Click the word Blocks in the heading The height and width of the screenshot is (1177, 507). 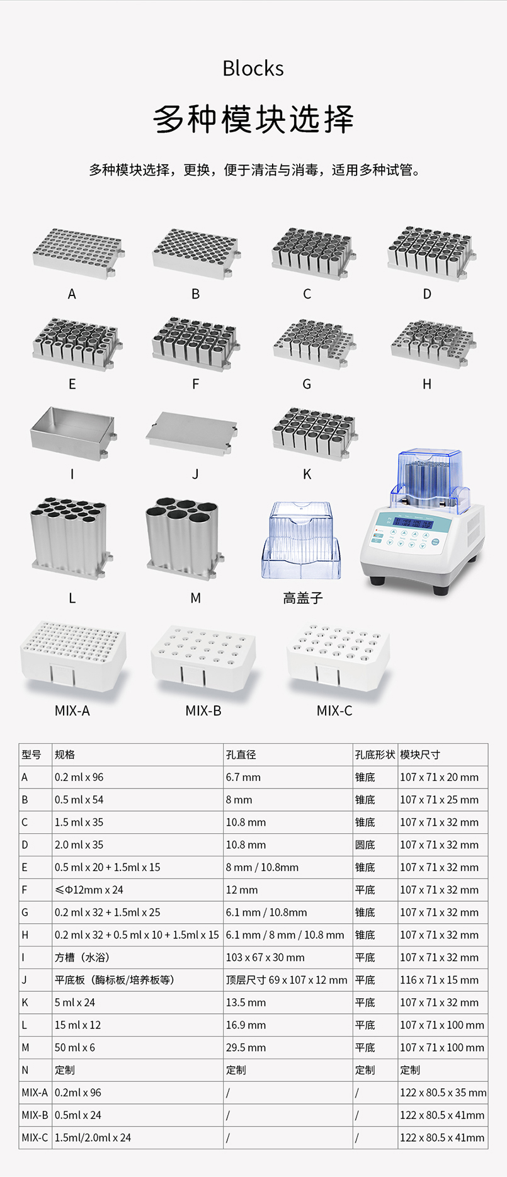pyautogui.click(x=253, y=68)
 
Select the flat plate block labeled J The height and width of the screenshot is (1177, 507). pyautogui.click(x=192, y=433)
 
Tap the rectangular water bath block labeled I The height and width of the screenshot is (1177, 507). pyautogui.click(x=73, y=433)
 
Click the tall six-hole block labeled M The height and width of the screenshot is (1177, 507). pyautogui.click(x=185, y=538)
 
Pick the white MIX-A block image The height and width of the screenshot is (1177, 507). pyautogui.click(x=73, y=657)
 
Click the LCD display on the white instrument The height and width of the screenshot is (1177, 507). pyautogui.click(x=413, y=522)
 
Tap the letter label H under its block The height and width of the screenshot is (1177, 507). pyautogui.click(x=427, y=384)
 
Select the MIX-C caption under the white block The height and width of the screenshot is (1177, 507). pyautogui.click(x=334, y=710)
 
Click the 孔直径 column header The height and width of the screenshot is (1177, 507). pyautogui.click(x=241, y=754)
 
